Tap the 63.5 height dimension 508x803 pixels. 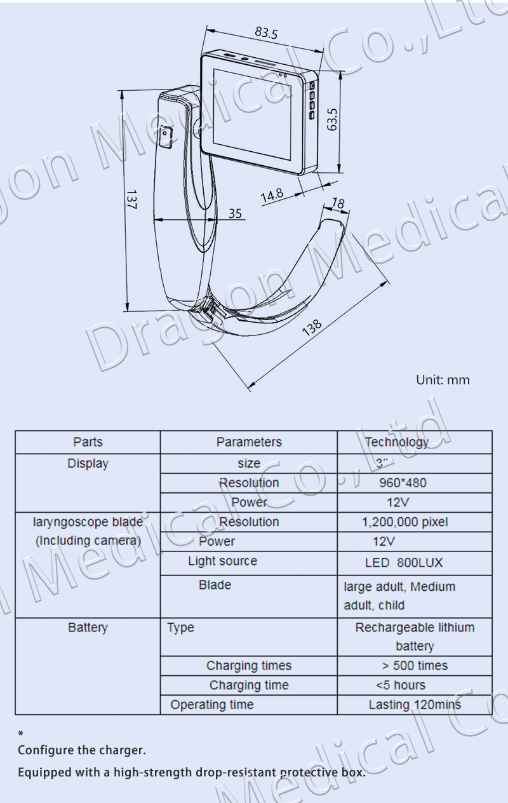[x=332, y=119]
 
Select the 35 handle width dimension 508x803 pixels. [x=235, y=213]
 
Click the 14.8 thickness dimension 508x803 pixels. [x=272, y=195]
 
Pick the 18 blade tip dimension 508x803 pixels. [x=338, y=203]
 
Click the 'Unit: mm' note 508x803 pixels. [x=443, y=380]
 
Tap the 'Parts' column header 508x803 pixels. [x=88, y=442]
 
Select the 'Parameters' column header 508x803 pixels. [x=249, y=442]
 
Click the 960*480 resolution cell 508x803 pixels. [x=403, y=483]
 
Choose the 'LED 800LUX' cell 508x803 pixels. [x=404, y=563]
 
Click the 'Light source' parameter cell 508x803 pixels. [x=222, y=561]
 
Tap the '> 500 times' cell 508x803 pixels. [x=415, y=666]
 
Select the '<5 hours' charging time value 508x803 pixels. [x=400, y=685]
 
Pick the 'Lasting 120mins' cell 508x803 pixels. [x=415, y=705]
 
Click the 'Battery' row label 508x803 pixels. [x=88, y=628]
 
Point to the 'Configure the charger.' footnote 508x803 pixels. [x=82, y=750]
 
